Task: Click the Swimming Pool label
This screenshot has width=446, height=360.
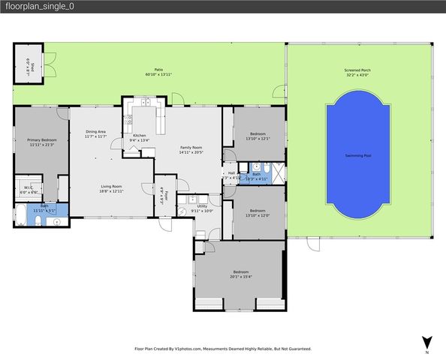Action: click(357, 155)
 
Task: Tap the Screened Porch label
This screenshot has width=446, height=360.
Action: click(357, 70)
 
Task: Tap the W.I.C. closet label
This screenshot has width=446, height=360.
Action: click(27, 187)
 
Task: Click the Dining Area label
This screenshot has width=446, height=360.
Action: click(95, 131)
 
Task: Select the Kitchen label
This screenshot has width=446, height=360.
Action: click(140, 136)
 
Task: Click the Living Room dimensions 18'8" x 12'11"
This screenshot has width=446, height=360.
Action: click(116, 192)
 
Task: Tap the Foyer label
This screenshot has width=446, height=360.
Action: click(162, 194)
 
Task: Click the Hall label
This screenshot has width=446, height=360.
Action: click(231, 173)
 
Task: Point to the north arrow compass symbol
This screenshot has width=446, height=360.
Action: click(426, 342)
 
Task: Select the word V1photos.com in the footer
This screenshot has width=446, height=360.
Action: click(197, 349)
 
